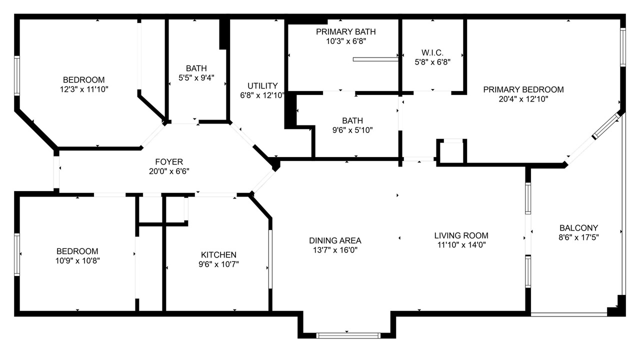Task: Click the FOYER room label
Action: (x=169, y=161)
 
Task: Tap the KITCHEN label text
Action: (x=218, y=254)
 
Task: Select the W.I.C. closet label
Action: (x=432, y=52)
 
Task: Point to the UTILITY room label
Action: (x=262, y=85)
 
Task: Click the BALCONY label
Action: (x=578, y=227)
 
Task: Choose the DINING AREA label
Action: (x=335, y=240)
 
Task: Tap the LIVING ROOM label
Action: (x=461, y=235)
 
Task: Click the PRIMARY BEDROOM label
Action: (x=523, y=89)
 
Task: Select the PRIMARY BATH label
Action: (x=345, y=31)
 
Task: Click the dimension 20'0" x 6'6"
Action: (x=169, y=171)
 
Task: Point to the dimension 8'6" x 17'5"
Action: (x=578, y=237)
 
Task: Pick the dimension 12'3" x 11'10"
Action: (x=84, y=89)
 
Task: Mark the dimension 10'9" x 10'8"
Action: (x=77, y=260)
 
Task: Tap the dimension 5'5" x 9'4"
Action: (x=196, y=77)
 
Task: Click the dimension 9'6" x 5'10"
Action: (x=352, y=130)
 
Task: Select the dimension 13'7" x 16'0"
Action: (x=335, y=250)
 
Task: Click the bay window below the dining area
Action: (x=348, y=335)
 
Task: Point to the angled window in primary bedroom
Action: (x=605, y=126)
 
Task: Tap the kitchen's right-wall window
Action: (x=270, y=259)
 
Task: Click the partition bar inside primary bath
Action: (x=375, y=59)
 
